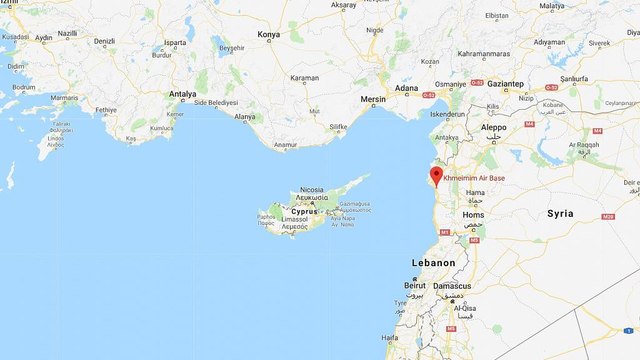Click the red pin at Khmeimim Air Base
coord(435,178)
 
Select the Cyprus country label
coord(304,212)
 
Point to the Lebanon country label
coord(434,262)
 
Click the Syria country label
coord(561,214)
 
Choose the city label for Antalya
coord(183,94)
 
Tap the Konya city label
coord(269,34)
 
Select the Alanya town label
coord(246,117)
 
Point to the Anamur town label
coord(287,146)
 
